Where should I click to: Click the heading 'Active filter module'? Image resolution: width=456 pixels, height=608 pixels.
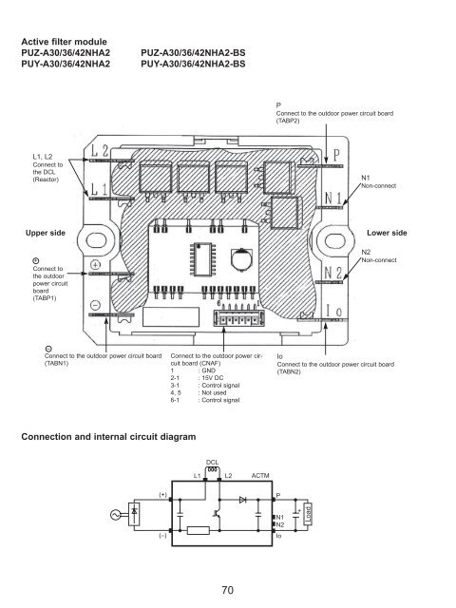(x=64, y=42)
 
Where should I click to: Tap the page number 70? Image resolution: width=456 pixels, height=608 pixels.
(x=228, y=590)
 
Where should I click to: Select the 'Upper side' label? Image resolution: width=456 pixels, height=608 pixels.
(x=46, y=233)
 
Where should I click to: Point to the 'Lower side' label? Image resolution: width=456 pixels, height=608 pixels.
(x=387, y=233)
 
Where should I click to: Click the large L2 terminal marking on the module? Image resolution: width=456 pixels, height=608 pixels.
(x=100, y=150)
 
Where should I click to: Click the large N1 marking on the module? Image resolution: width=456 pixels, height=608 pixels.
(x=333, y=199)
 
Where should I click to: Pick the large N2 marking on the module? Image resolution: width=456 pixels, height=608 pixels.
(x=333, y=273)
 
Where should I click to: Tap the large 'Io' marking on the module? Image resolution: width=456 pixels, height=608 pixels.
(x=333, y=311)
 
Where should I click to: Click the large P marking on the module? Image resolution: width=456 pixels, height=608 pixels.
(x=336, y=156)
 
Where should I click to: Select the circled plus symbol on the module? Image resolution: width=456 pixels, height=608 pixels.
(x=95, y=265)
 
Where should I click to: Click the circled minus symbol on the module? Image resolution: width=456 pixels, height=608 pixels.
(x=95, y=305)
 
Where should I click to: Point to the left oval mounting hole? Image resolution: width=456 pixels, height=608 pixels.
(x=96, y=240)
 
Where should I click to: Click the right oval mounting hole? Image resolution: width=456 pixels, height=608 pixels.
(x=334, y=240)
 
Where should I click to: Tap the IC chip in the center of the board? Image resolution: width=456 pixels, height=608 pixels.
(x=202, y=258)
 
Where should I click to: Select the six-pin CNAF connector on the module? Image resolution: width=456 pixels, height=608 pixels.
(x=238, y=317)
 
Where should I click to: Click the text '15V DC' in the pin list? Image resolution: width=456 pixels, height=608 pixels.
(x=213, y=378)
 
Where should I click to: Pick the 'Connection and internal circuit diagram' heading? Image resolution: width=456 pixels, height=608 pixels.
(x=108, y=437)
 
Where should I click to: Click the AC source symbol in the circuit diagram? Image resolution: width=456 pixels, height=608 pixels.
(x=115, y=515)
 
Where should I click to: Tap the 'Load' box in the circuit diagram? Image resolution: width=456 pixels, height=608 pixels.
(x=308, y=514)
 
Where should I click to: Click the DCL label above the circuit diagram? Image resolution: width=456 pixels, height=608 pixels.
(x=212, y=463)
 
